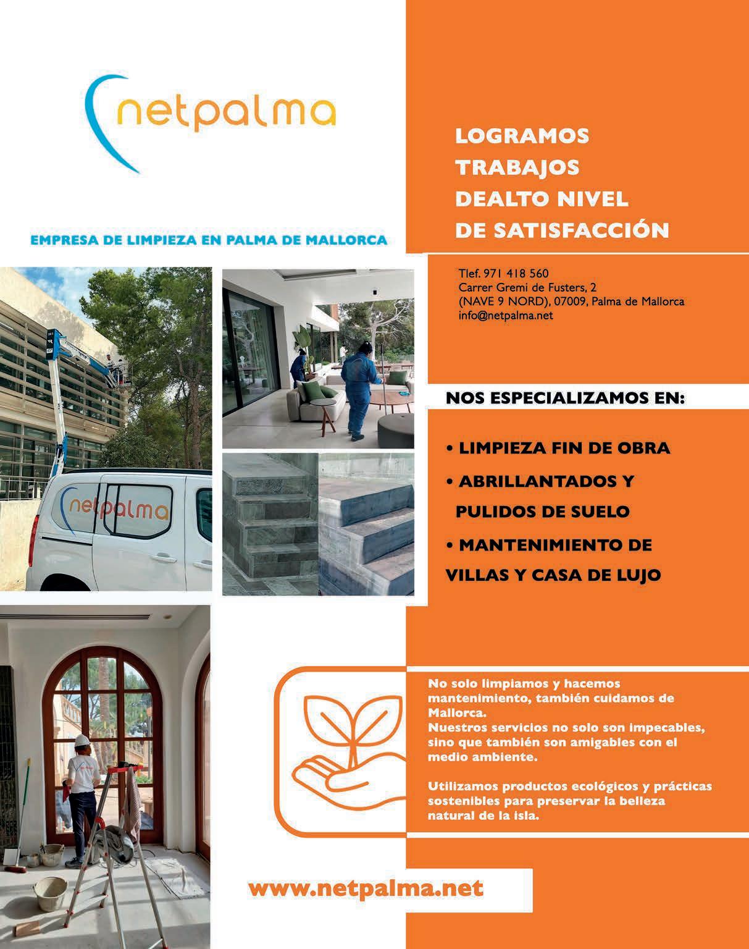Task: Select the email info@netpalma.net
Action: [505, 316]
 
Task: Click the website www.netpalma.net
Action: [366, 889]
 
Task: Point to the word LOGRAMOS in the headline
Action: [522, 136]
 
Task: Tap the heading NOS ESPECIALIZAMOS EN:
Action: [565, 398]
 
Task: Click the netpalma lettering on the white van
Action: [117, 507]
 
